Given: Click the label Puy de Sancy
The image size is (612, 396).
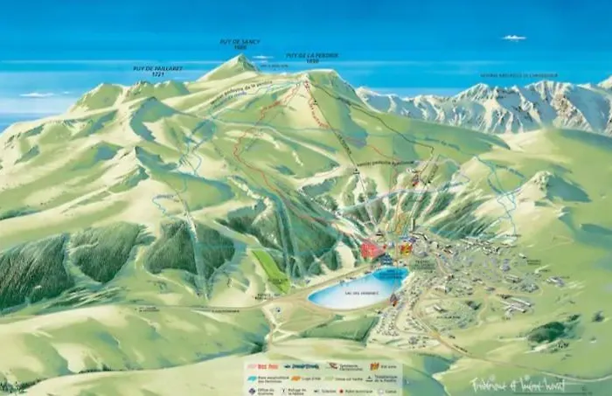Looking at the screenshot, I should (x=240, y=41).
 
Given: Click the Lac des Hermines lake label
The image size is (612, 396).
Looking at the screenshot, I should (x=358, y=293).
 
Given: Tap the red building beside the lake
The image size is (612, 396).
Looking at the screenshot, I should (x=372, y=250).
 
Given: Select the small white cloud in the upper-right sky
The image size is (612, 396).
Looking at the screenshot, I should (x=514, y=38).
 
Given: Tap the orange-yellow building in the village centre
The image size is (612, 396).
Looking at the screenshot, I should (x=405, y=249).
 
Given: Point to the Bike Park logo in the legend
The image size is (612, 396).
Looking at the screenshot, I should (x=268, y=366).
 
